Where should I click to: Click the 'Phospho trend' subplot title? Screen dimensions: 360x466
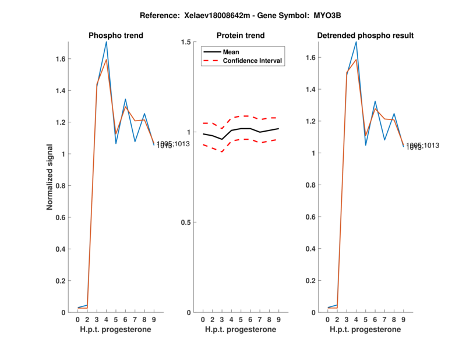coord(116,36)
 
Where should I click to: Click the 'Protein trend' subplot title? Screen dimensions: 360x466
coord(241,36)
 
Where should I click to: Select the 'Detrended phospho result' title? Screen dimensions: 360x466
coord(365,36)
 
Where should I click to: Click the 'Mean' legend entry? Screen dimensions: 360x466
coord(231,52)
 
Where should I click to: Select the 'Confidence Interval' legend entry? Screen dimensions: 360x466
coord(253,61)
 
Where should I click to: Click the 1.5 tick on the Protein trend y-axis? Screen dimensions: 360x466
coord(186,42)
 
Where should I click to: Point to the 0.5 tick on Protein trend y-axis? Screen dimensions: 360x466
coord(186,223)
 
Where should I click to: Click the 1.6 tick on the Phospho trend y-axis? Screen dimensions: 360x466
coord(60,59)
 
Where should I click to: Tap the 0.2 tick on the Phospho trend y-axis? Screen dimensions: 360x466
coord(60,281)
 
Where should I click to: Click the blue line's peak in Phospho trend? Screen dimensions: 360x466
coord(106,42)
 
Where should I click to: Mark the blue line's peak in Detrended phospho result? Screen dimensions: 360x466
coord(356,42)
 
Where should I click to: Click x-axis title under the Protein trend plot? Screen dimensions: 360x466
coord(241,330)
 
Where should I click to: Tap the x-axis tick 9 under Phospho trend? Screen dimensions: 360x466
coord(154,320)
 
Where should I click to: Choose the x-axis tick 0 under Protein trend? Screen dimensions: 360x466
coord(203,320)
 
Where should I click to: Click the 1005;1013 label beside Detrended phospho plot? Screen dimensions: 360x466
coord(423,145)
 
